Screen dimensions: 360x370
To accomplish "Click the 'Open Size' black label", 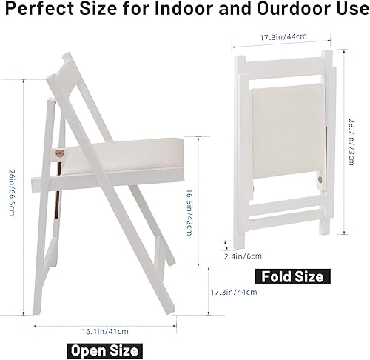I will tap(104, 350).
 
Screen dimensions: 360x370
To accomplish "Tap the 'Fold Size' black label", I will tap(292, 276).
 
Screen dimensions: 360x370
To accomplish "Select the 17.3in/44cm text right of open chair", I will tap(234, 292).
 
